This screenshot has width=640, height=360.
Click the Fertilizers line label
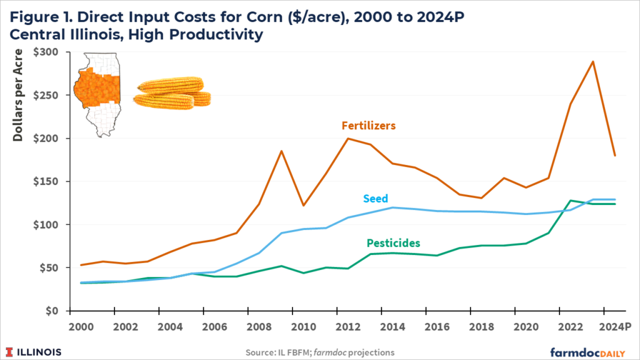point(369,126)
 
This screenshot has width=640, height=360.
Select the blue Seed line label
point(375,199)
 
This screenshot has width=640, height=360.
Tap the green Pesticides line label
point(394,242)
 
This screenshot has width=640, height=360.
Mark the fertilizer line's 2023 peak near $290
point(592,61)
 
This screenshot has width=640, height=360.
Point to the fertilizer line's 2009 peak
point(281,151)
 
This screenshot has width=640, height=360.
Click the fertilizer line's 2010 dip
point(304,206)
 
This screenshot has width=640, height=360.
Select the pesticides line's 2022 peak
point(571,201)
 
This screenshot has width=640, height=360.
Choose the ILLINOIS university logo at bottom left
point(34,351)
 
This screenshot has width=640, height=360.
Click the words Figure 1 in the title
point(41,14)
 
